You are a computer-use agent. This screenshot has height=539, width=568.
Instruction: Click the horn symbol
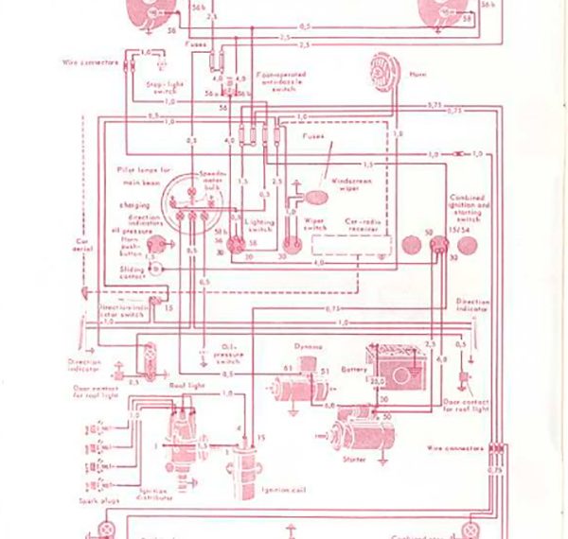(x=382, y=72)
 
